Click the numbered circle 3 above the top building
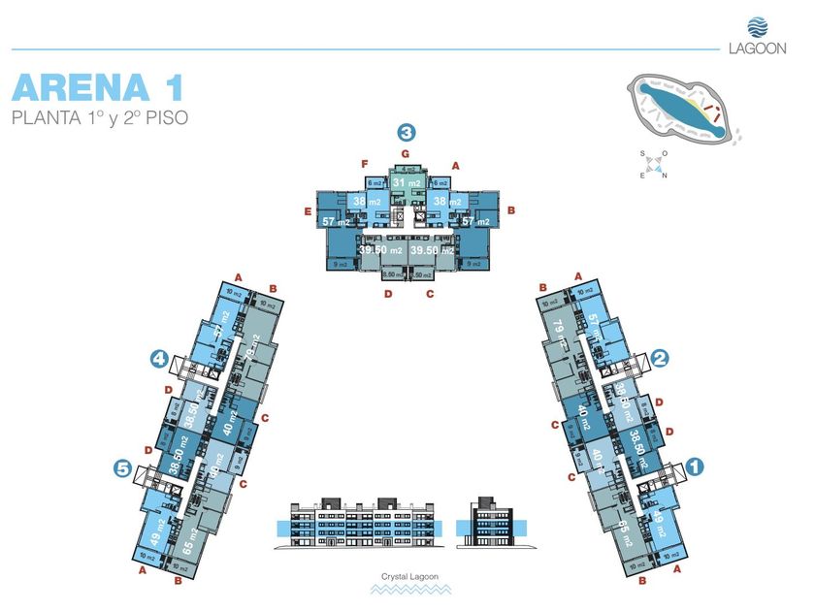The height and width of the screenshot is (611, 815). (407, 133)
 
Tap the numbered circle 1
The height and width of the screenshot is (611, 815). (694, 465)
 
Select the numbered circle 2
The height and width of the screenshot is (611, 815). (661, 358)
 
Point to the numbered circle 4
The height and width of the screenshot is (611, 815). (158, 359)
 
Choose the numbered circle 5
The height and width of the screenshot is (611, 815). (122, 468)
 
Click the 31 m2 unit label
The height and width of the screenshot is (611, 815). (407, 182)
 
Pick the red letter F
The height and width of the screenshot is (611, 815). (364, 163)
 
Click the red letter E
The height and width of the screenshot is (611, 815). (307, 210)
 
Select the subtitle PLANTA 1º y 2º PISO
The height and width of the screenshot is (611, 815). (99, 119)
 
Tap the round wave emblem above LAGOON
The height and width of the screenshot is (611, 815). (757, 26)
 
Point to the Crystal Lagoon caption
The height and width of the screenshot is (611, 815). (407, 577)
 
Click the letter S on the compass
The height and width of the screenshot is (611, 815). (642, 154)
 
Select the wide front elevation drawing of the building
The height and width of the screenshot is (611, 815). (363, 525)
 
